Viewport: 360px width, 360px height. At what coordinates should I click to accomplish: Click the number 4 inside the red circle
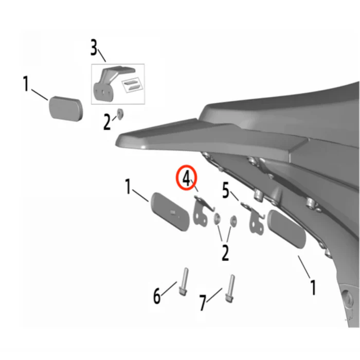click(x=186, y=179)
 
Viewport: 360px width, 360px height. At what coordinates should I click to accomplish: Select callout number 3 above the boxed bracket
click(x=94, y=47)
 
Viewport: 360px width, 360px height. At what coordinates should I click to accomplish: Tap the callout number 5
click(x=226, y=191)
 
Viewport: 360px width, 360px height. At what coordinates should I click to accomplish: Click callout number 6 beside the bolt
click(x=157, y=296)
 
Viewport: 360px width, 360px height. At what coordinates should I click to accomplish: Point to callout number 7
click(x=203, y=303)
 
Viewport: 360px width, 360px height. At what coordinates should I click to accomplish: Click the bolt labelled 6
click(x=184, y=281)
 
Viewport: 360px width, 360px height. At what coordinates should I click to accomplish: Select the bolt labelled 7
click(x=230, y=289)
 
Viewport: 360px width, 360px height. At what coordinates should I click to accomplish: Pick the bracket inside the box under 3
click(x=108, y=84)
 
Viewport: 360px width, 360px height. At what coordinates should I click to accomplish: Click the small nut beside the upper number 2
click(x=120, y=113)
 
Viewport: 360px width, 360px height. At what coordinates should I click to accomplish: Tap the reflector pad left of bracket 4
click(x=170, y=212)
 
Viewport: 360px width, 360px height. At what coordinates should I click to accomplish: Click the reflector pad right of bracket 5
click(x=286, y=229)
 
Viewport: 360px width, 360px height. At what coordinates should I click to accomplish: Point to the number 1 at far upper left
click(x=26, y=84)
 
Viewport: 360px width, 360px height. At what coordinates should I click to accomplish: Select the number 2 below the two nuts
click(x=225, y=253)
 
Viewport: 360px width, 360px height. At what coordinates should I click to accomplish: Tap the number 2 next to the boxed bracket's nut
click(x=107, y=122)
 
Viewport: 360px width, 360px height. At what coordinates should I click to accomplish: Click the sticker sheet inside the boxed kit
click(x=131, y=85)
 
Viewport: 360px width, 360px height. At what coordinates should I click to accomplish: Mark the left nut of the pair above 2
click(x=217, y=219)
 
